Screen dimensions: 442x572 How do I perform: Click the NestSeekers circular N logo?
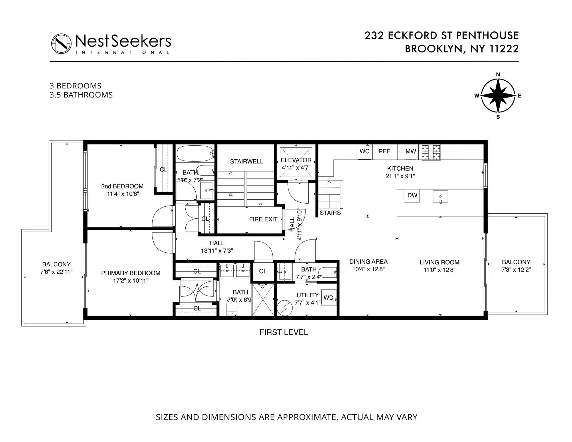pos(61,44)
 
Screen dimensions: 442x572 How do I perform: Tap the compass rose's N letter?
pos(498,75)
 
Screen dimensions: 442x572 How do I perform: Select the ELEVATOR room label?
pos(296,160)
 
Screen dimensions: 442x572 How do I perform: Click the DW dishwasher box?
pos(412,195)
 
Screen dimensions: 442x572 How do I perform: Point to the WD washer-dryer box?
pos(328,298)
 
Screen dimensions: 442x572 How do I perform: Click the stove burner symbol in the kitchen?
pos(431,152)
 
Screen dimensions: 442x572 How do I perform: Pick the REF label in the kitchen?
pos(384,151)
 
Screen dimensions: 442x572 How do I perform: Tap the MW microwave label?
pos(411,152)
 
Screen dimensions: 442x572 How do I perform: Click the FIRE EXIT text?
pos(263,219)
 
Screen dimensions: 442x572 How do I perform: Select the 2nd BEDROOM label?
pos(122,186)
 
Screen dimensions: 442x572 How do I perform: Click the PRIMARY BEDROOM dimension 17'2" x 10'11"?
pos(131,281)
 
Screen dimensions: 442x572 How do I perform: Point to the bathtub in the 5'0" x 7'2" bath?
pos(195,154)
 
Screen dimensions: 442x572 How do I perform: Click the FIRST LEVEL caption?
pos(284,332)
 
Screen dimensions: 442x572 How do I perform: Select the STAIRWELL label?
pos(247,161)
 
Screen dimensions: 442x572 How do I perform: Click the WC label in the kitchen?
pos(364,151)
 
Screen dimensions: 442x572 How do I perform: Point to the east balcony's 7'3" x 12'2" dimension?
pos(516,269)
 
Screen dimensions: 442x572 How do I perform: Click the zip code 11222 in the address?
pos(504,49)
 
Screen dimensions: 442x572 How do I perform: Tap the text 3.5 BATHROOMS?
pos(81,95)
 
